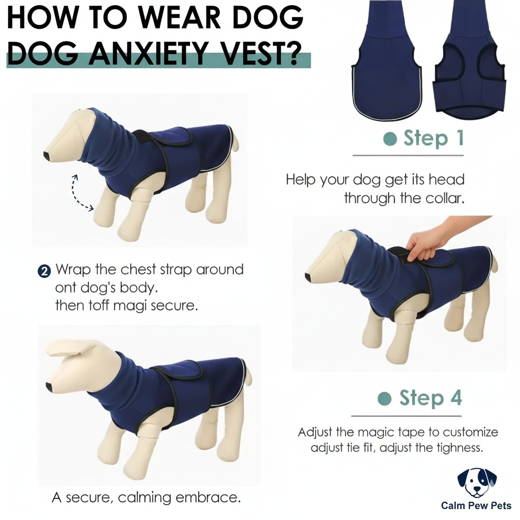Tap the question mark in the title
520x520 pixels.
pyautogui.click(x=294, y=53)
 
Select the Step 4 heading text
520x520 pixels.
pyautogui.click(x=431, y=398)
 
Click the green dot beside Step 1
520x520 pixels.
pyautogui.click(x=390, y=139)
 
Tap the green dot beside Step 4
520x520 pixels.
pyautogui.click(x=386, y=399)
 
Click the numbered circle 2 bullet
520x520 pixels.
pyautogui.click(x=44, y=271)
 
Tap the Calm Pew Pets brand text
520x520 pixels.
pyautogui.click(x=476, y=506)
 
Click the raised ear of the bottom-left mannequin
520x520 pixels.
pyautogui.click(x=71, y=348)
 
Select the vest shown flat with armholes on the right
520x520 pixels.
pyautogui.click(x=470, y=66)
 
